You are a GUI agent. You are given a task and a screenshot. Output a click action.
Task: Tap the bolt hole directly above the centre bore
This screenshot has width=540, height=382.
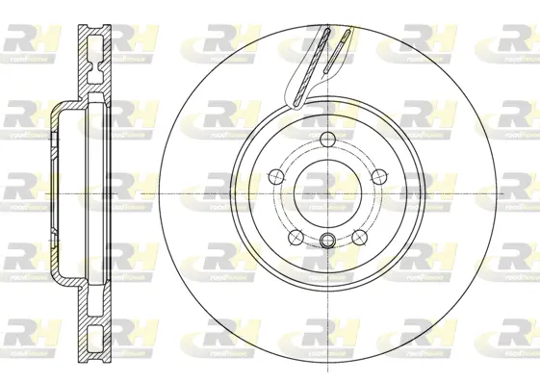[327, 137]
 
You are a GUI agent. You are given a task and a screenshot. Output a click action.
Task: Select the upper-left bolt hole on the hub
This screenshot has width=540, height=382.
[275, 175]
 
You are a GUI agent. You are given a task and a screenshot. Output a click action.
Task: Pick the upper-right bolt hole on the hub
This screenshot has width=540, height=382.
[379, 175]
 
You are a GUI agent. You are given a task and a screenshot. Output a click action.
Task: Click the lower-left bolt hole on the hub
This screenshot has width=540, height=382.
[296, 236]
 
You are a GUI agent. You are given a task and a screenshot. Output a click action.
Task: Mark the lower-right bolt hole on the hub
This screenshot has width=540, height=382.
[360, 236]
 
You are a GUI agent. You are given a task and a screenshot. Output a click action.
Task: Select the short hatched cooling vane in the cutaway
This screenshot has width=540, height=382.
[339, 53]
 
